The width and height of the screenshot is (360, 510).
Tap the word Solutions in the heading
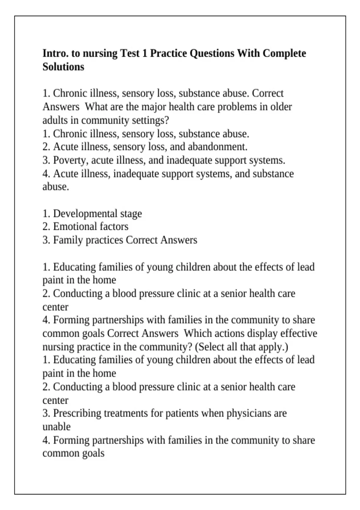[x=63, y=67]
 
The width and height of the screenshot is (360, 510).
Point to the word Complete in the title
[x=284, y=53]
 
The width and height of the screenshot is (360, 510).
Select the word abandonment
[x=218, y=147]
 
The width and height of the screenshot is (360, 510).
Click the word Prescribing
[x=77, y=413]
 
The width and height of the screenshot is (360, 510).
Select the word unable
[x=56, y=427]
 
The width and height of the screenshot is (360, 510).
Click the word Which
[x=194, y=333]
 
